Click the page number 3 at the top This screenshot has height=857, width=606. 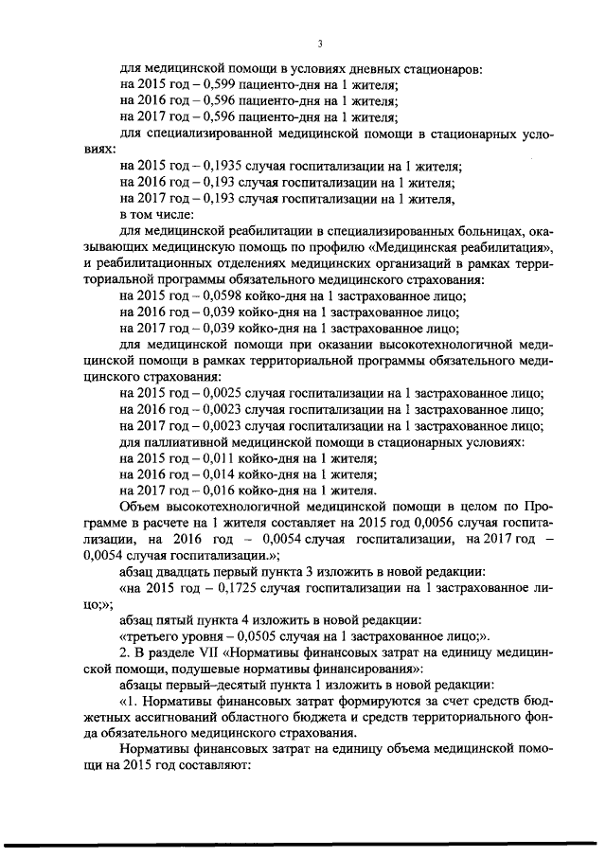(x=321, y=45)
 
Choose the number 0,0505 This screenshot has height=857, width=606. (x=246, y=638)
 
